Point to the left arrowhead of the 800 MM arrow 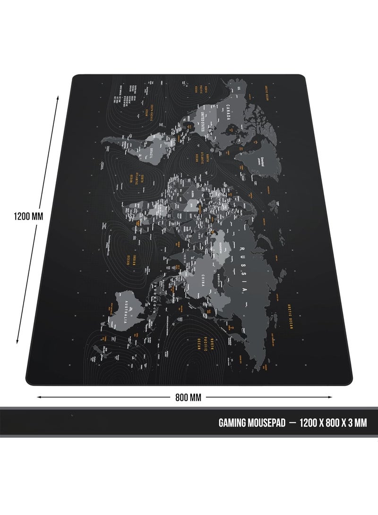38,397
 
